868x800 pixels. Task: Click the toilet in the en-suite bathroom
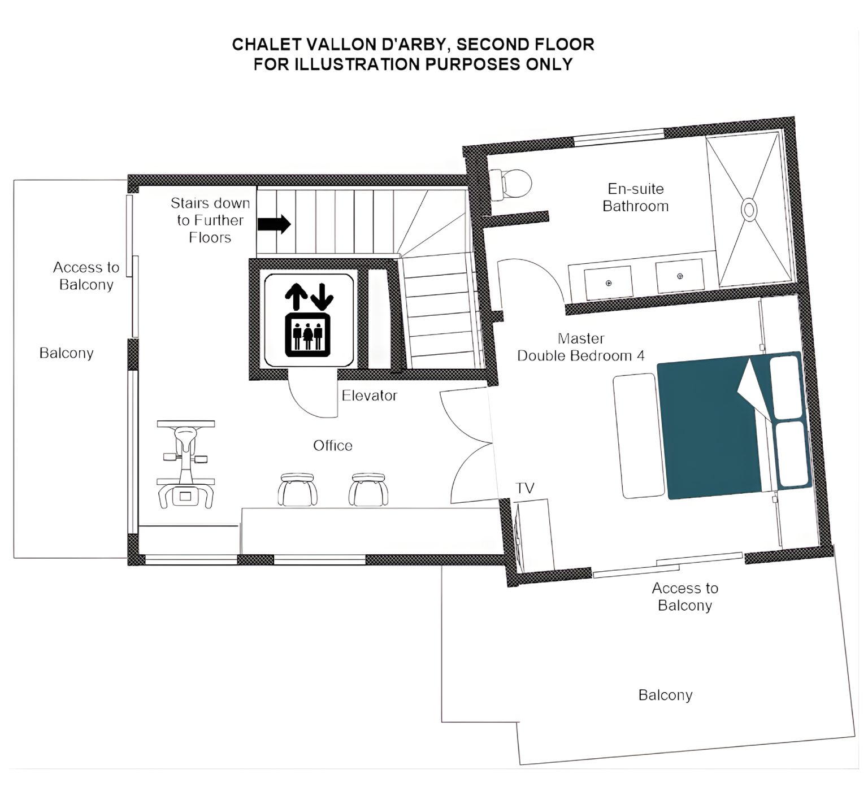click(510, 182)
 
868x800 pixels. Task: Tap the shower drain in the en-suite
click(749, 210)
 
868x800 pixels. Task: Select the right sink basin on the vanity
click(679, 276)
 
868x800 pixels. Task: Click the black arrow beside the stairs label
click(274, 224)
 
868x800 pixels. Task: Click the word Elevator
click(370, 395)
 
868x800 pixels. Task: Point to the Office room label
click(333, 446)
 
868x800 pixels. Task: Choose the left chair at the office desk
click(297, 489)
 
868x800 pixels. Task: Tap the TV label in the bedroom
click(525, 488)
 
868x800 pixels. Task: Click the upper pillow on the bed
click(788, 386)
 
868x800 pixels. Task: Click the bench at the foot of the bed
click(639, 435)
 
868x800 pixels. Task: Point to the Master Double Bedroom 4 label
click(581, 347)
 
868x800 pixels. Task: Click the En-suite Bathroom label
click(636, 197)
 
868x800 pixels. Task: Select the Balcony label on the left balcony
click(66, 353)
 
